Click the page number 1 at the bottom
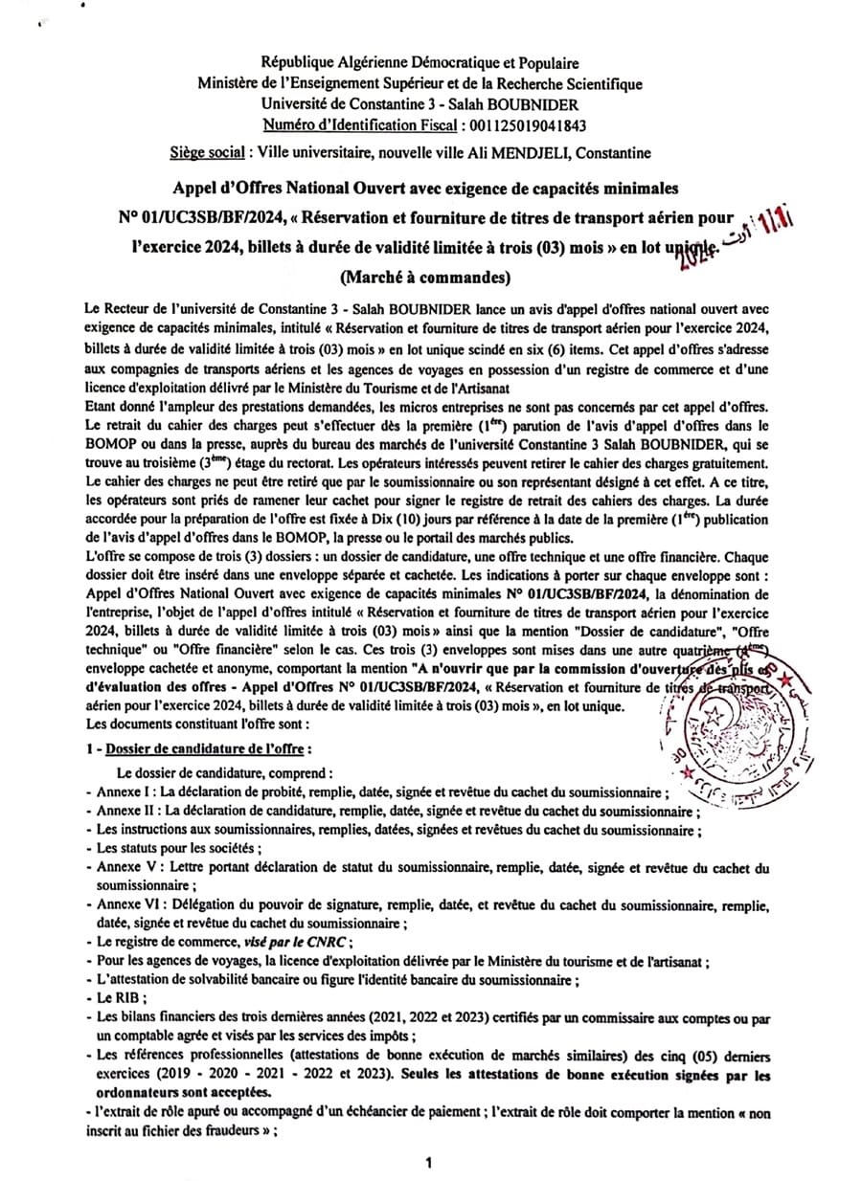429,1163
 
